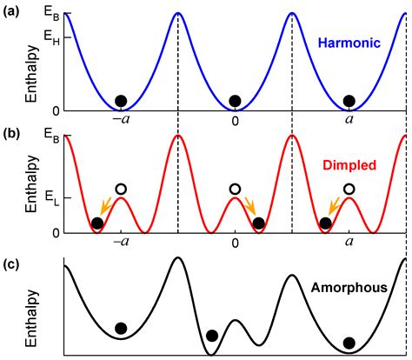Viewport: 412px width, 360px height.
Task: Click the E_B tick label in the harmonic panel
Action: pyautogui.click(x=53, y=15)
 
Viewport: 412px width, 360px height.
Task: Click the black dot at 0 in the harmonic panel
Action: pyautogui.click(x=235, y=100)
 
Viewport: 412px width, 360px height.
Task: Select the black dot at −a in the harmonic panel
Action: pyautogui.click(x=122, y=100)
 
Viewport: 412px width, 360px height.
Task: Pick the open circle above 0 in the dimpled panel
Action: pyautogui.click(x=235, y=189)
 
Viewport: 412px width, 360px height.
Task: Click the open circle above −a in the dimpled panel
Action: pyautogui.click(x=122, y=189)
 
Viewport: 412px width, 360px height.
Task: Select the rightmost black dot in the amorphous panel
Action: pyautogui.click(x=349, y=343)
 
